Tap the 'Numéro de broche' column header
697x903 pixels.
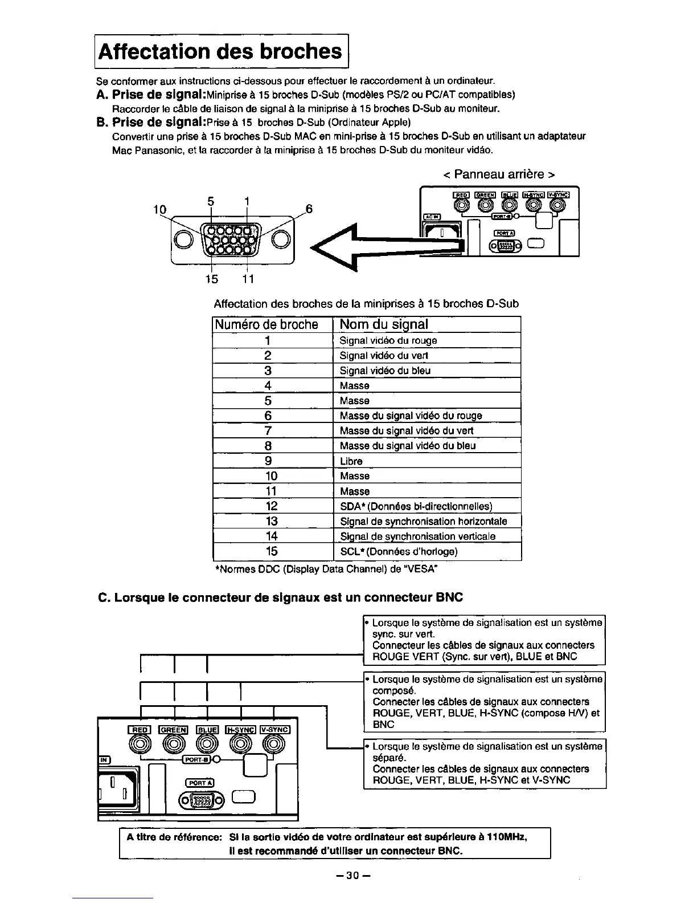click(x=265, y=324)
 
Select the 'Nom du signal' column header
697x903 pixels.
click(x=384, y=324)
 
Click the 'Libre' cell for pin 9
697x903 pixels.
click(x=351, y=461)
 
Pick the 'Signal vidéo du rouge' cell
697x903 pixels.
click(x=388, y=340)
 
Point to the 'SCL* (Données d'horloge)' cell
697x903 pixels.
click(x=399, y=551)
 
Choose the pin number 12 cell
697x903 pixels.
click(x=271, y=506)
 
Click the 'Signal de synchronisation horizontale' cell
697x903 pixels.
click(x=423, y=521)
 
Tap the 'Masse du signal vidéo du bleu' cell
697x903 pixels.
click(x=408, y=446)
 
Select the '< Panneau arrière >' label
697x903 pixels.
click(x=499, y=174)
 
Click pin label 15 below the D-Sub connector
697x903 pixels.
click(x=212, y=279)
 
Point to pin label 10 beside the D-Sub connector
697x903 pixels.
click(x=159, y=210)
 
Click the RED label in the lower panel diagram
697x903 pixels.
click(x=140, y=729)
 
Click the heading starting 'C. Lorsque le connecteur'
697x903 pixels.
click(x=280, y=597)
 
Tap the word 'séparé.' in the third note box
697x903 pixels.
click(x=388, y=758)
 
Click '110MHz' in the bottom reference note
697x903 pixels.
click(x=506, y=837)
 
